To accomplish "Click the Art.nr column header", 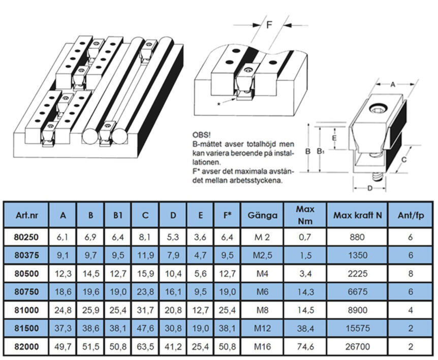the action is pos(26,215).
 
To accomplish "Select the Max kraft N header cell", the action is pos(357,215).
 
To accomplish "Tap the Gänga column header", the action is pos(262,215).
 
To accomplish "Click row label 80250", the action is pos(26,237).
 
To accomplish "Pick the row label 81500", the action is pos(26,328).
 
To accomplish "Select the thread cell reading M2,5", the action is pos(262,255).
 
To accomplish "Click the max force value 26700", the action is pos(358,347).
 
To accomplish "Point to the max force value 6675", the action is pos(358,292).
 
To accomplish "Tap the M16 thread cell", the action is pos(262,347).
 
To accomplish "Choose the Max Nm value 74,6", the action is pos(305,347).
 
